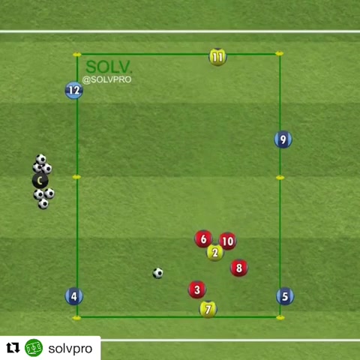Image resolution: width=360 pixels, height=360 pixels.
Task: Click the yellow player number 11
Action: tap(217, 57)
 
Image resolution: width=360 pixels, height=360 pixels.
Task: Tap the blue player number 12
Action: tap(74, 90)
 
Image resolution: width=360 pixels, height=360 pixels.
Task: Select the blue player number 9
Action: tap(283, 139)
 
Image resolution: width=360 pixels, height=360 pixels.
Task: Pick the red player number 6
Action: tap(204, 239)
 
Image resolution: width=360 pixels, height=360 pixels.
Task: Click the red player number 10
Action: tap(228, 241)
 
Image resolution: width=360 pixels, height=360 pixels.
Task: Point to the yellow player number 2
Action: tap(215, 253)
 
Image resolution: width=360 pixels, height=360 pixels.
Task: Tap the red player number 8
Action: tap(239, 268)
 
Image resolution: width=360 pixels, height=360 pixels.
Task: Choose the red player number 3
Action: tap(197, 289)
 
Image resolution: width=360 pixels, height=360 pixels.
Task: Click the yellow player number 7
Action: tap(208, 309)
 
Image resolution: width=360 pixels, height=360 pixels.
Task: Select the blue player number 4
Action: tap(74, 296)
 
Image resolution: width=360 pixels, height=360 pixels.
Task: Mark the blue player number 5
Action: tap(285, 296)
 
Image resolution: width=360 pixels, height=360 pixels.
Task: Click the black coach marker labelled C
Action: tap(40, 181)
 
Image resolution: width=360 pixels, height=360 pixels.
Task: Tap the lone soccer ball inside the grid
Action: tap(158, 273)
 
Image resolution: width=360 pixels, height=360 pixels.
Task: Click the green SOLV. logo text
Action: tap(109, 67)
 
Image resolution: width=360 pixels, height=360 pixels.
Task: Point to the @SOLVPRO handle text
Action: tap(106, 79)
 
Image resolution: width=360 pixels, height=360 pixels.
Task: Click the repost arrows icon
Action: tap(13, 348)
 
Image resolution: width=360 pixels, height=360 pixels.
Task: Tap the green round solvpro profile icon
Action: tap(34, 348)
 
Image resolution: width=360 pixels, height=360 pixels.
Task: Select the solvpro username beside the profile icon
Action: tap(70, 349)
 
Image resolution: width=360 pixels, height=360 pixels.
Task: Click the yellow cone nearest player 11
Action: tap(280, 53)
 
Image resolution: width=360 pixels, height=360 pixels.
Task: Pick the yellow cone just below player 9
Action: tap(280, 178)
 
